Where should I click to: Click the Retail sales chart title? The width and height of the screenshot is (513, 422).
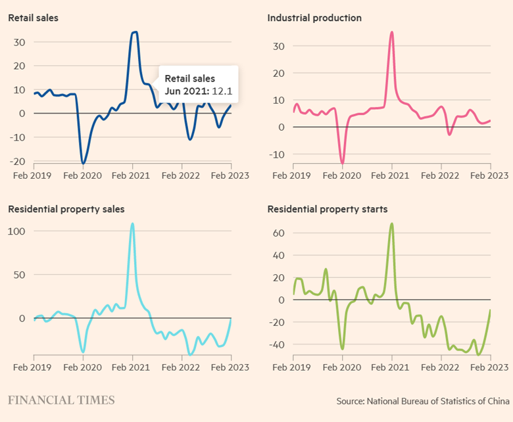pyautogui.click(x=33, y=18)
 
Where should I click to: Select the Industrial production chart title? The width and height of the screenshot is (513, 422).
pyautogui.click(x=314, y=18)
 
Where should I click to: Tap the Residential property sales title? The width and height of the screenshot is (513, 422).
pyautogui.click(x=66, y=209)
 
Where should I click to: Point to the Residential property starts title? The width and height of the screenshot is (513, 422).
pyautogui.click(x=328, y=209)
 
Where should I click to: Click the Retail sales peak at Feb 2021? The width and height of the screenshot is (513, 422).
pyautogui.click(x=134, y=32)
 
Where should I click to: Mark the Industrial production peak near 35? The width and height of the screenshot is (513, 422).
pyautogui.click(x=392, y=32)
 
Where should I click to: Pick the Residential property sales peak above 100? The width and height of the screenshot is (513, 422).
pyautogui.click(x=132, y=223)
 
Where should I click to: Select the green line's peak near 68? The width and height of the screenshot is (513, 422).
pyautogui.click(x=392, y=223)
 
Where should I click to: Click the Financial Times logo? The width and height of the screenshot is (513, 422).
pyautogui.click(x=61, y=400)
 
